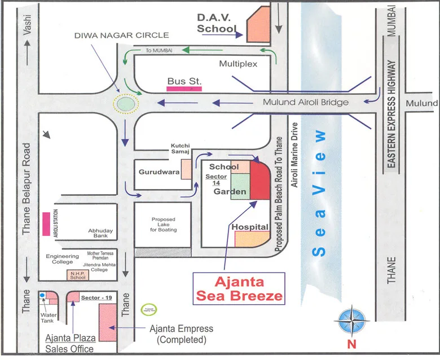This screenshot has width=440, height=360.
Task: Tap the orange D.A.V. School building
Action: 257,25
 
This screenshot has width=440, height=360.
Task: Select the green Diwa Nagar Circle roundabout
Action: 125,104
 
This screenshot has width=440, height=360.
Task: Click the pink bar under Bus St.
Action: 184,89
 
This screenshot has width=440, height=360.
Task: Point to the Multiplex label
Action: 238,64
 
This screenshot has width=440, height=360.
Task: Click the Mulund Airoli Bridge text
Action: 306,102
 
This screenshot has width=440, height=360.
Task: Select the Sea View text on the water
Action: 320,192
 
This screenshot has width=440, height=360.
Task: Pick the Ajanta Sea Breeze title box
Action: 238,288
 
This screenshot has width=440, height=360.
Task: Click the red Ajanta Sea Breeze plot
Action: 259,179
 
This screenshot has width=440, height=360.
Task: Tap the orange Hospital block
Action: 252,239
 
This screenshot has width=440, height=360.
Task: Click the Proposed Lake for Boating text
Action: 163,225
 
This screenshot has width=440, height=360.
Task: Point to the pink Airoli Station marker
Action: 45,224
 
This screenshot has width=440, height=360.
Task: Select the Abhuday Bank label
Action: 102,234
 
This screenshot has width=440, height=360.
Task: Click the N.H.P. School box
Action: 77,276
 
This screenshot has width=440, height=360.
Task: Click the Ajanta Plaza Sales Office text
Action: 70,343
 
